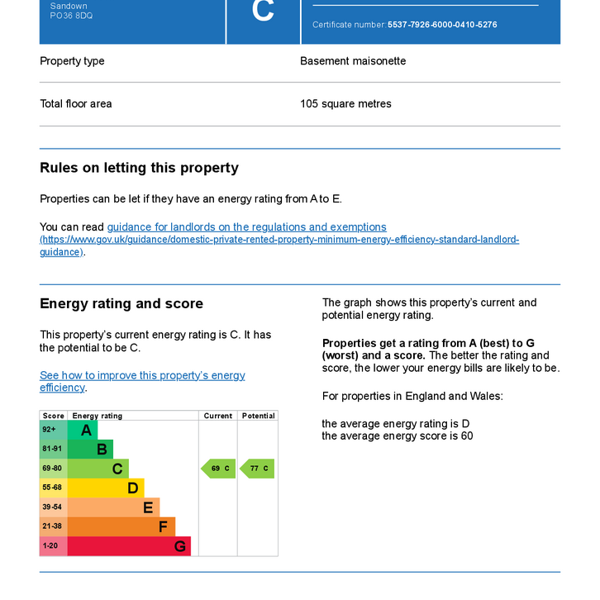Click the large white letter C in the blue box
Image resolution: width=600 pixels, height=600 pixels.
click(x=263, y=12)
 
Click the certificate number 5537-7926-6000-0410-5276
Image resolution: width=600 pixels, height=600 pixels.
click(x=442, y=25)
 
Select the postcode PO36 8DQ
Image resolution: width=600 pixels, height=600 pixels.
click(x=71, y=16)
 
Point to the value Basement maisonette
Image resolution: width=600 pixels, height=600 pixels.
click(x=353, y=61)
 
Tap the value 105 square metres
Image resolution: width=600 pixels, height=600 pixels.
click(x=345, y=104)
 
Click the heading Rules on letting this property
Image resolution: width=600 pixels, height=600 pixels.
click(x=139, y=168)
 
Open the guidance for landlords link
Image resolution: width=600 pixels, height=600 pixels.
click(x=246, y=226)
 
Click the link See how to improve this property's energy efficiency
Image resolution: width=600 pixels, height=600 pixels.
click(x=142, y=381)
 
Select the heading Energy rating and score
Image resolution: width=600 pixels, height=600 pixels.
click(x=121, y=303)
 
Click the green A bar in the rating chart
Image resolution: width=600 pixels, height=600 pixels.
click(x=83, y=430)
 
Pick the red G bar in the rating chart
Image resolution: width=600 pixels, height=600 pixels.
click(x=129, y=546)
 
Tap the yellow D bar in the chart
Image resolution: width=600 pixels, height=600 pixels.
click(x=106, y=488)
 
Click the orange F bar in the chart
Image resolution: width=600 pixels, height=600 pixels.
click(x=121, y=526)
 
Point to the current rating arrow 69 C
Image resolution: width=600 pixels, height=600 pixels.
click(x=219, y=469)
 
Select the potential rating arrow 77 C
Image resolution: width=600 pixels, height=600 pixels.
click(x=258, y=469)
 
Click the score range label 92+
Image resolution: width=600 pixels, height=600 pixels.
click(x=50, y=430)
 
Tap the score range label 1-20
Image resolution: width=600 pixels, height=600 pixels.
click(x=51, y=546)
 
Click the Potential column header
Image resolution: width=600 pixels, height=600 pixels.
click(x=258, y=416)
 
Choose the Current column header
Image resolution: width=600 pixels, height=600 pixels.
click(x=218, y=416)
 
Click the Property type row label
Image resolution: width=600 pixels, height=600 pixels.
click(x=72, y=61)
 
